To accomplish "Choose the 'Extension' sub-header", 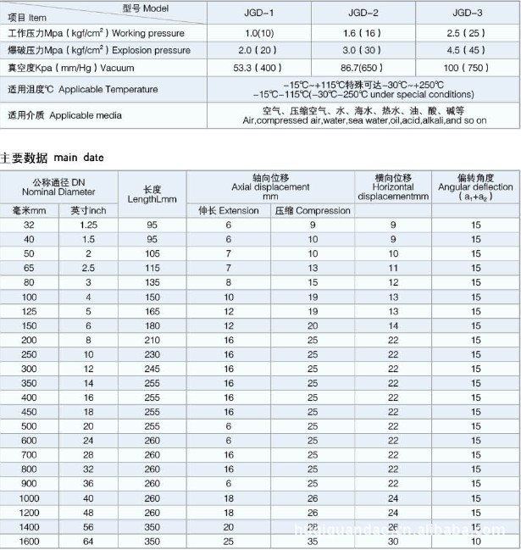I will click(x=228, y=210).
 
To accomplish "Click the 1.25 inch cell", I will click(x=88, y=224).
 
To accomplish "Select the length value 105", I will click(x=152, y=253).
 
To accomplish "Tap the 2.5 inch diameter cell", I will click(x=88, y=268).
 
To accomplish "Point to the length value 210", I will click(x=152, y=341).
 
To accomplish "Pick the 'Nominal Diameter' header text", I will click(x=59, y=191).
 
